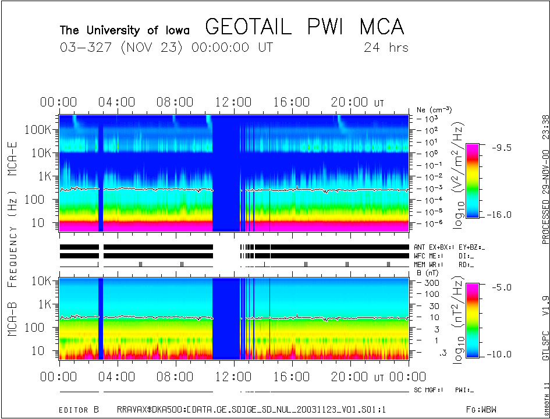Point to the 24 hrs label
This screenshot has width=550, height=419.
[x=386, y=47]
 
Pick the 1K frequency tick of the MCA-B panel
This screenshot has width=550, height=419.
[x=44, y=304]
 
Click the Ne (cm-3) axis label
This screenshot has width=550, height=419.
[x=434, y=109]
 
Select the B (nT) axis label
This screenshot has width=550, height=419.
[x=429, y=272]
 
